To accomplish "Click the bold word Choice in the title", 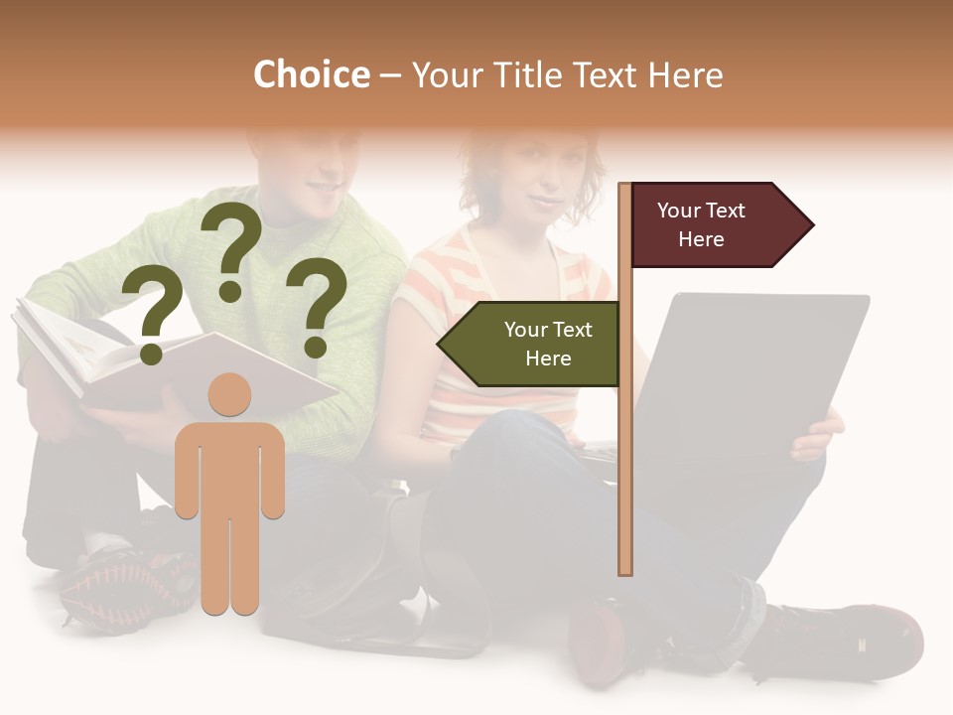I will tap(311, 75).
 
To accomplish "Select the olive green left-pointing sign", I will tap(536, 344).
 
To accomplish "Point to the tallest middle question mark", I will tap(231, 248).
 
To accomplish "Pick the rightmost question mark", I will tap(317, 305).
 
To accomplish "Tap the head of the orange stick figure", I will tap(229, 394).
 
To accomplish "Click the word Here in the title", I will tap(685, 75).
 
